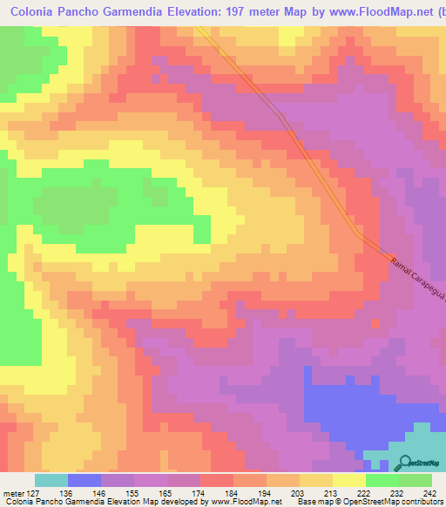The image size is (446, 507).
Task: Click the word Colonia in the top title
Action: (36, 12)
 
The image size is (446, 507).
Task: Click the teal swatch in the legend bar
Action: (51, 480)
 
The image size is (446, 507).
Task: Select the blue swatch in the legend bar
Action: (84, 480)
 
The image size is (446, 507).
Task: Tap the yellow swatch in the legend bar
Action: (349, 480)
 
